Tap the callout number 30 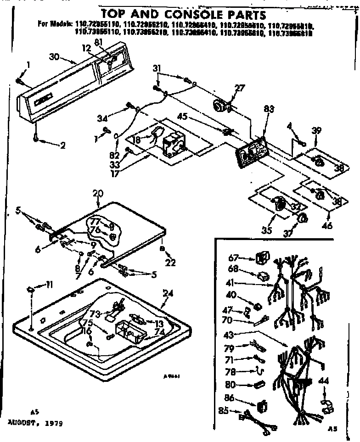pyautogui.click(x=54, y=56)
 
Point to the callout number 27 pyautogui.click(x=239, y=89)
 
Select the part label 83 pyautogui.click(x=269, y=109)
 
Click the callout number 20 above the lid pyautogui.click(x=98, y=193)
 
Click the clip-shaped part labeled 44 pyautogui.click(x=328, y=405)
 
